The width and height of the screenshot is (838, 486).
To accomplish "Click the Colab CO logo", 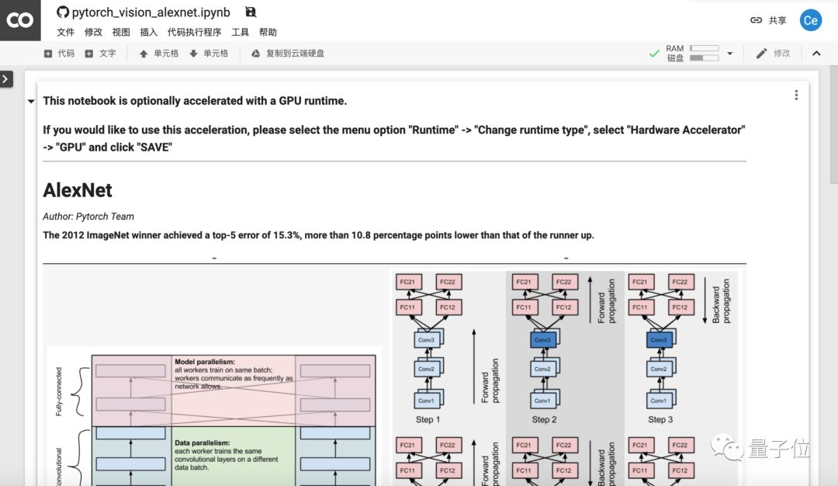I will pyautogui.click(x=20, y=20).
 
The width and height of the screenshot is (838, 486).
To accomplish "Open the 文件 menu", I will pyautogui.click(x=66, y=33).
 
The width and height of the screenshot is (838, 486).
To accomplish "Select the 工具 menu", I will pyautogui.click(x=241, y=33).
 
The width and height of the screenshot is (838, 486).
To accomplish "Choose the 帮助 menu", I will pyautogui.click(x=268, y=33).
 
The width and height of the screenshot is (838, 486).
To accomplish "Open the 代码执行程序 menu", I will pyautogui.click(x=195, y=33).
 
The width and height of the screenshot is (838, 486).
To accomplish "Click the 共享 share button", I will pyautogui.click(x=768, y=20).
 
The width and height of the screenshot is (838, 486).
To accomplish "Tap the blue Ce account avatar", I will pyautogui.click(x=811, y=20).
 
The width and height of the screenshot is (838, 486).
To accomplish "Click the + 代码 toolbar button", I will pyautogui.click(x=60, y=54).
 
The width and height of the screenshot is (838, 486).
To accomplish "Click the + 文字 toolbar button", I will pyautogui.click(x=101, y=54).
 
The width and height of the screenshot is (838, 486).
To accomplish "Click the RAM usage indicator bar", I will pyautogui.click(x=705, y=49).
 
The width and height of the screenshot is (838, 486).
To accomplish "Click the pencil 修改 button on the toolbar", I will pyautogui.click(x=773, y=54).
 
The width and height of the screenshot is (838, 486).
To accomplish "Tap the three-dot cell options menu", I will pyautogui.click(x=796, y=95).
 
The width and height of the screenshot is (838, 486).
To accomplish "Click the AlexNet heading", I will pyautogui.click(x=78, y=190).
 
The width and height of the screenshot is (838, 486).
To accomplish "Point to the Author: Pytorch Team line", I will pyautogui.click(x=88, y=217).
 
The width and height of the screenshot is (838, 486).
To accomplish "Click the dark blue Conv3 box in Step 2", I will pyautogui.click(x=542, y=340).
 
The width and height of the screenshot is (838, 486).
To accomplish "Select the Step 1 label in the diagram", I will pyautogui.click(x=428, y=419).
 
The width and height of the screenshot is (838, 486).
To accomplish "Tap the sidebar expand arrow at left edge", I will pyautogui.click(x=6, y=78).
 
